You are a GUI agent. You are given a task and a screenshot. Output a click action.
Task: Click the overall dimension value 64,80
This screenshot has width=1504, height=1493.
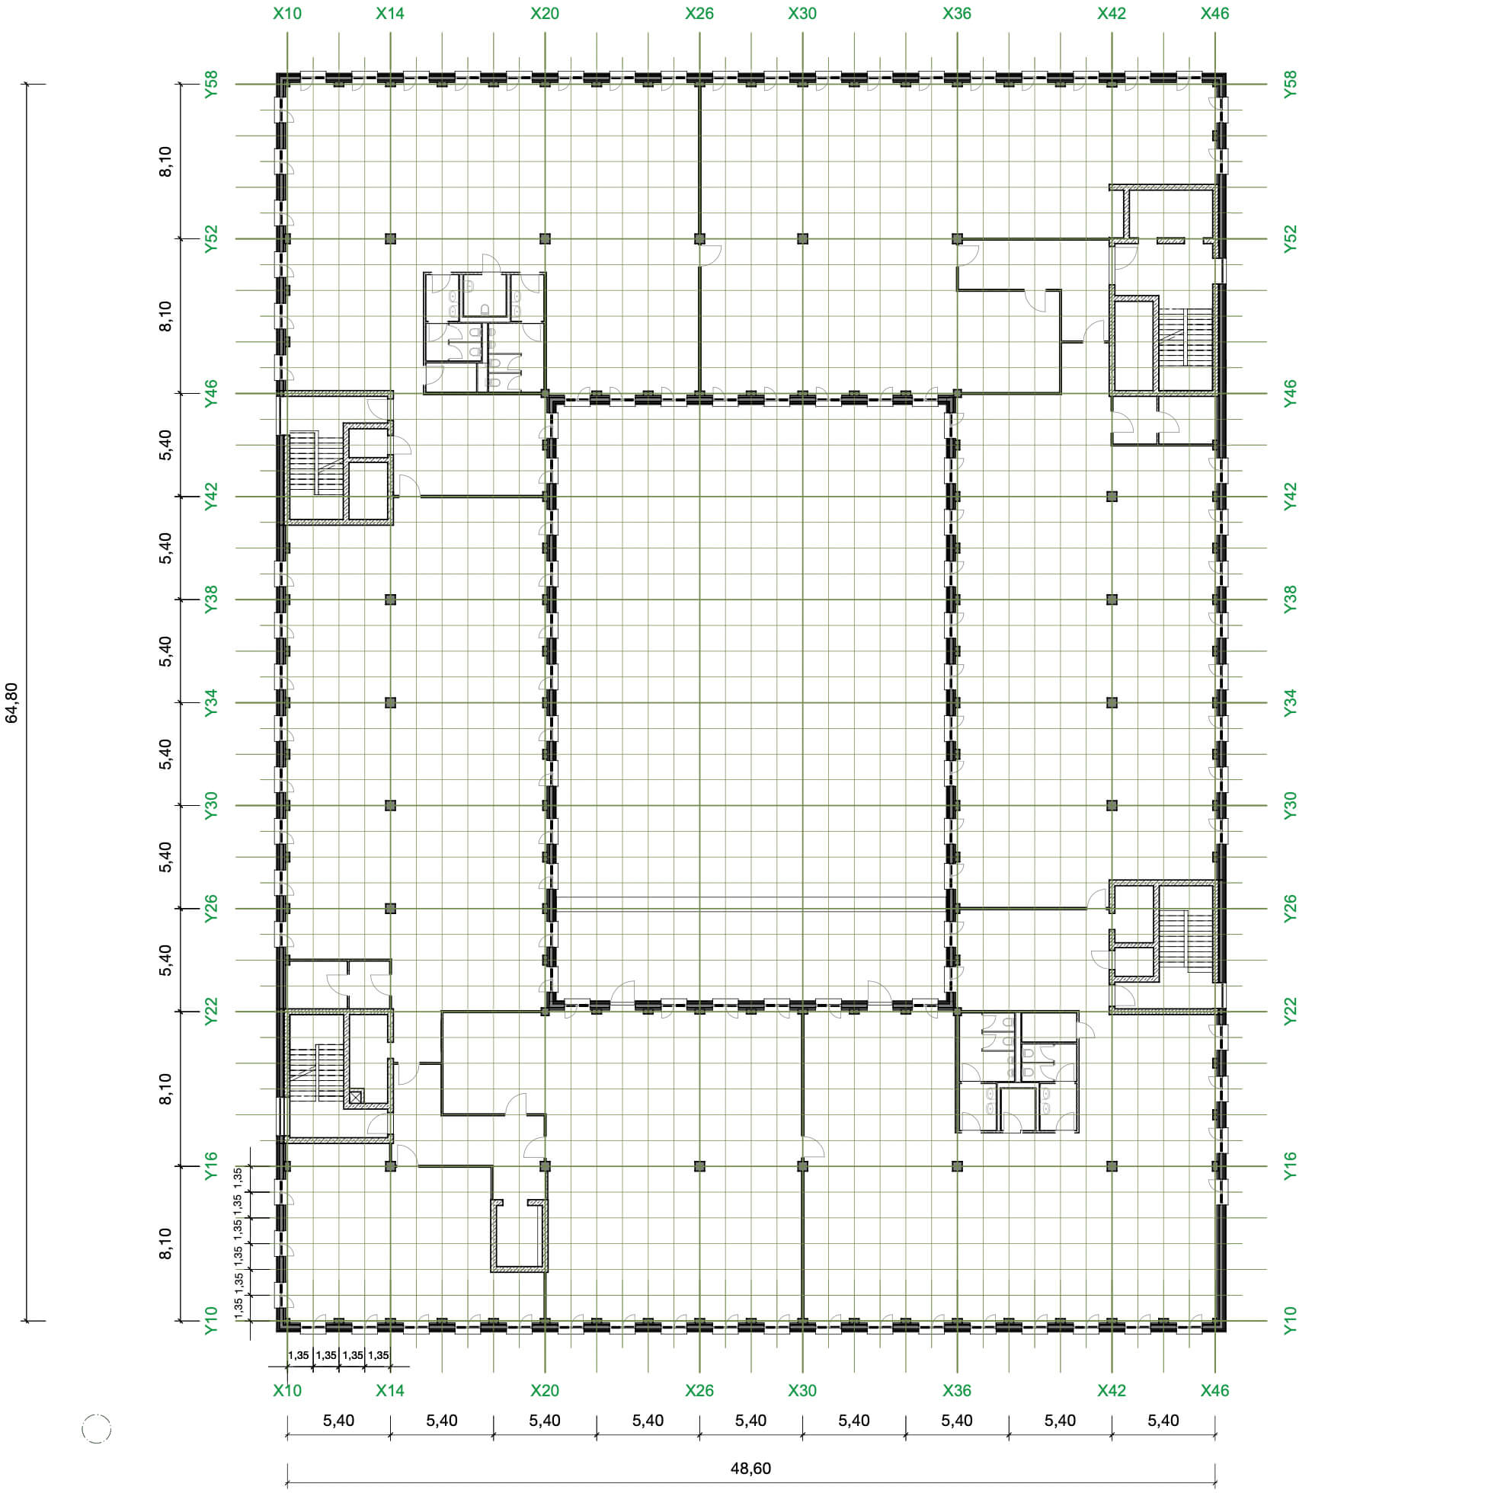11,703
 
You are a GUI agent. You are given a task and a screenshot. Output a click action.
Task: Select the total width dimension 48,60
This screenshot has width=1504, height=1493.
750,1468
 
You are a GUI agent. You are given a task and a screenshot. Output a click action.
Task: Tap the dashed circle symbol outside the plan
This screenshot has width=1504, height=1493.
97,1429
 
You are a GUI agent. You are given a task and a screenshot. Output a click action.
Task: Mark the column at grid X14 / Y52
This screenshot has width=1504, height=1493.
391,239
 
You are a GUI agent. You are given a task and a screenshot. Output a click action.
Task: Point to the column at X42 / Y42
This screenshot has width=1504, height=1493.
1112,497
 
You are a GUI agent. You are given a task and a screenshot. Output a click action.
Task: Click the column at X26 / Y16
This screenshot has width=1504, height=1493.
699,1166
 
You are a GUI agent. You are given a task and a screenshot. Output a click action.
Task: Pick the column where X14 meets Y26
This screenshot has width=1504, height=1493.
391,909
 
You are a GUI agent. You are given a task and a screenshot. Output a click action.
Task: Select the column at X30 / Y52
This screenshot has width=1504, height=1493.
802,239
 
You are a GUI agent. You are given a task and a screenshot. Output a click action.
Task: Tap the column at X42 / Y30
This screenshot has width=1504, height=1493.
1112,806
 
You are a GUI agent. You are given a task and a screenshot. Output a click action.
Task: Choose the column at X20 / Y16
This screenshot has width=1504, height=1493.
545,1166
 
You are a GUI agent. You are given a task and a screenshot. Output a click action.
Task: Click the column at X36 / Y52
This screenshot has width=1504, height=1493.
958,239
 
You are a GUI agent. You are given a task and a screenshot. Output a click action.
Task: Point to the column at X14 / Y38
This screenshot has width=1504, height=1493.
391,599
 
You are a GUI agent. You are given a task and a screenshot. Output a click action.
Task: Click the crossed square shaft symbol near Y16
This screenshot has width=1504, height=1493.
355,1098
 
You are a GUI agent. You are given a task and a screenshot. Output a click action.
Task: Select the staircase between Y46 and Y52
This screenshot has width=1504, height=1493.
1186,337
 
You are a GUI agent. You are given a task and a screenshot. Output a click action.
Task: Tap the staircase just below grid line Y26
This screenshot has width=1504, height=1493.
1186,939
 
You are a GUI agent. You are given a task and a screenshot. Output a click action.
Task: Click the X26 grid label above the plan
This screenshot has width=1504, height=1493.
699,13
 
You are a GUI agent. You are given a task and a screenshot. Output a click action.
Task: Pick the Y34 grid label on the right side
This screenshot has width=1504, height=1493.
1291,703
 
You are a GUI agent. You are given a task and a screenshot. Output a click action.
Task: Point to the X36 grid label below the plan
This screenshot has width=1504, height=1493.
957,1390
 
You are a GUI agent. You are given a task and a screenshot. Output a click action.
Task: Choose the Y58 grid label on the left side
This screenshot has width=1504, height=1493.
211,84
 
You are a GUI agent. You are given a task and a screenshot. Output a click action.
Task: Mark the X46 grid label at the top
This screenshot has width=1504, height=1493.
1214,13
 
